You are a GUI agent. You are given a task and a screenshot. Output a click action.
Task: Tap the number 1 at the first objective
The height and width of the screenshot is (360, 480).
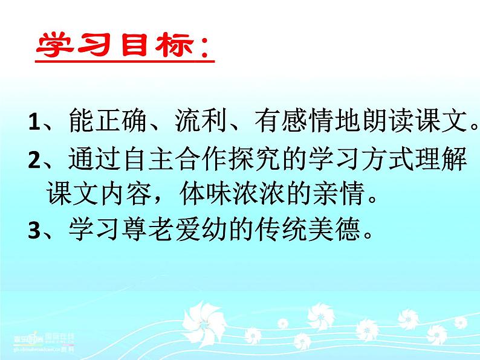pyautogui.click(x=34, y=123)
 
